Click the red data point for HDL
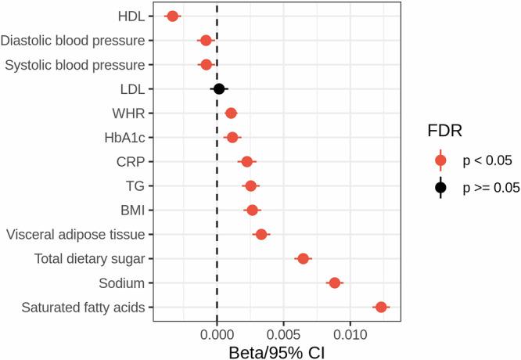coord(173,16)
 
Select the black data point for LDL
coord(219,89)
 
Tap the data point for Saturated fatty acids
coord(381,308)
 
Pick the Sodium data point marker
coord(335,283)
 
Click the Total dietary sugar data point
coord(303,258)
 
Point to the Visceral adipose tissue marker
coord(261,234)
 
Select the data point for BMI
coord(252,210)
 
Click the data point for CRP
coord(247,161)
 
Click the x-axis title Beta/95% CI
coord(276,351)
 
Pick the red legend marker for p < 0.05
coord(440,160)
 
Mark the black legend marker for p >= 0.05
coord(440,187)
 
